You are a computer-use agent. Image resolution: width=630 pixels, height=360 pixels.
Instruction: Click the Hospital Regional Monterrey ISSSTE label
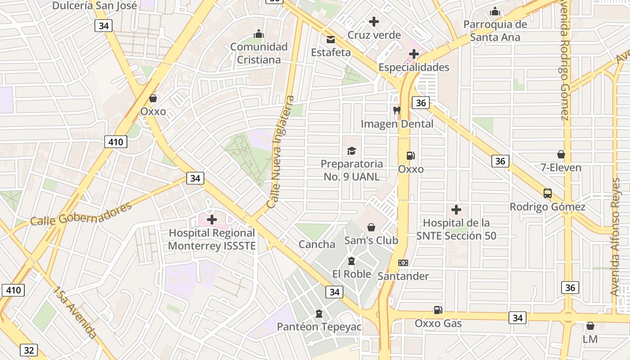(211, 239)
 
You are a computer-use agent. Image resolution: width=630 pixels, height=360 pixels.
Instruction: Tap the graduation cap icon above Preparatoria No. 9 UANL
(351, 151)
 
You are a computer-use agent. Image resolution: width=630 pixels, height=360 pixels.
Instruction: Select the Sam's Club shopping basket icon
(371, 227)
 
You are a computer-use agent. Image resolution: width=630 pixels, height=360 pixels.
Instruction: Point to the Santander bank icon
(403, 263)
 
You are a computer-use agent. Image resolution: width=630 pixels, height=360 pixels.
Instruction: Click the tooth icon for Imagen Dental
(396, 110)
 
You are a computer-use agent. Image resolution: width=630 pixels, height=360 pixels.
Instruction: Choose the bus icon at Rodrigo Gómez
(548, 193)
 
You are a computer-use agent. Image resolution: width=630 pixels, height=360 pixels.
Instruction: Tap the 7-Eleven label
(561, 168)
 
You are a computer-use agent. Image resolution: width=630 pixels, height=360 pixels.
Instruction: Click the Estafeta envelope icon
(331, 40)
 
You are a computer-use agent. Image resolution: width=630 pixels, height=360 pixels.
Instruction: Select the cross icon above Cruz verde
(373, 21)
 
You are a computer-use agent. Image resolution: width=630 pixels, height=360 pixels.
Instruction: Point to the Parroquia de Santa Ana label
(495, 31)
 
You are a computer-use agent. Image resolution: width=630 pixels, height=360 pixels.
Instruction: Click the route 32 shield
(28, 350)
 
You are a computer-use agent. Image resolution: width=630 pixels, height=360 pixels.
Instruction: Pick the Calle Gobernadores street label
(81, 214)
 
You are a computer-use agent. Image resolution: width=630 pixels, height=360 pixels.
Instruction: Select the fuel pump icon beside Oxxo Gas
(438, 310)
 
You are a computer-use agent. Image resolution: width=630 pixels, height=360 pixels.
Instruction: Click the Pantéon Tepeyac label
(319, 327)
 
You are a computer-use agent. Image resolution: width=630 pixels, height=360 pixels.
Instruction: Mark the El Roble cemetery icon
(351, 261)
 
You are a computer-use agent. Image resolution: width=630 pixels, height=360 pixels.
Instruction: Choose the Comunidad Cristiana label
(259, 53)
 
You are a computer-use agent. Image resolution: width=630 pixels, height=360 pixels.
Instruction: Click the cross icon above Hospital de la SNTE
(456, 210)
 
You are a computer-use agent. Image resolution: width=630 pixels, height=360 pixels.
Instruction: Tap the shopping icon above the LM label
(590, 326)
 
